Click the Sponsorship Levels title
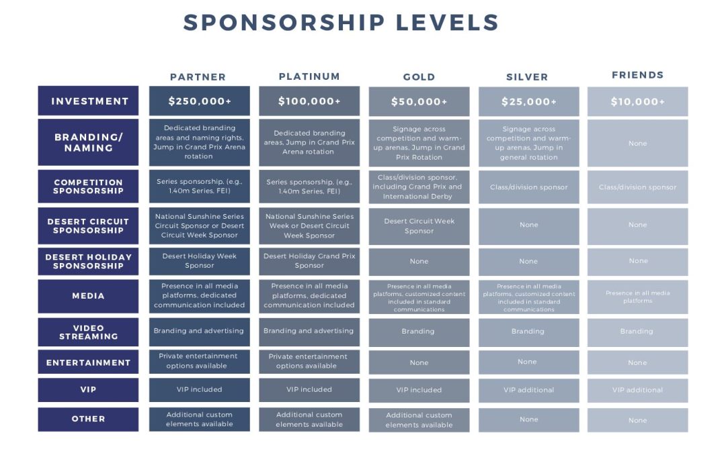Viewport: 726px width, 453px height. coord(341,23)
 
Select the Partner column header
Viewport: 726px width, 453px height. coord(198,77)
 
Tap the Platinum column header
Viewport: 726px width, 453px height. coord(309,77)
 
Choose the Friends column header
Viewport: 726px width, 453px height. coord(637,75)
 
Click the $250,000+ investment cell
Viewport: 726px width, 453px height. coord(200,101)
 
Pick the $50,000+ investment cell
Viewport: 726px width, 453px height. coord(419,102)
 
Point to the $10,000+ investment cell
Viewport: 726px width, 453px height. coord(637,102)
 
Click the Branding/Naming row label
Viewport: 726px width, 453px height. coord(88,142)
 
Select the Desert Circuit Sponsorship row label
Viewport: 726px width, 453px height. coord(88,225)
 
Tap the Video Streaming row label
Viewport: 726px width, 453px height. coord(88,332)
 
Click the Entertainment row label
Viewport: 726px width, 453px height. coord(88,362)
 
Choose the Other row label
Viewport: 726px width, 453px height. coord(88,419)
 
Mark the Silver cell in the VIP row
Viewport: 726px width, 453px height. coord(529,390)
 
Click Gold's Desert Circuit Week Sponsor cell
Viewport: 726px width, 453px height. coord(419,226)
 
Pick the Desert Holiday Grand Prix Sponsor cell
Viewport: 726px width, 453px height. coord(309,261)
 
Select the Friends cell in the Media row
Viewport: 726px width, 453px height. coord(637,297)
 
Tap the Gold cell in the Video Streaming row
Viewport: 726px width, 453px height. coord(419,332)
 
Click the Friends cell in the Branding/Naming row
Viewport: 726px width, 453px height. coord(637,144)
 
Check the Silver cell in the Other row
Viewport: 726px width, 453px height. coord(529,419)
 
